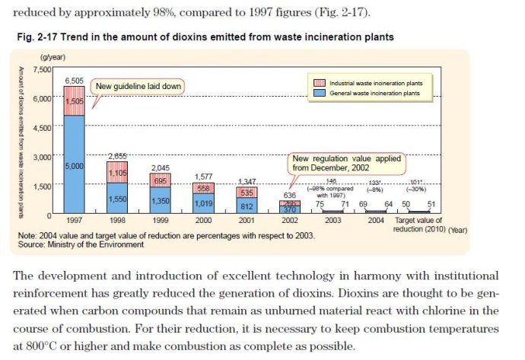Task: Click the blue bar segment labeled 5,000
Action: [74, 165]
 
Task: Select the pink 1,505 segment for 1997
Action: [74, 100]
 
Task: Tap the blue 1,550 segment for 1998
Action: [116, 198]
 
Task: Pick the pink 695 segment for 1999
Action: [160, 180]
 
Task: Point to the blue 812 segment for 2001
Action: [246, 205]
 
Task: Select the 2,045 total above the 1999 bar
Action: [160, 167]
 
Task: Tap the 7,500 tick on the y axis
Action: [41, 69]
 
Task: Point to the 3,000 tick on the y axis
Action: [41, 156]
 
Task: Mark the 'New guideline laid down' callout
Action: [138, 86]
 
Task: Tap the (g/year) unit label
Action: [52, 58]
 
